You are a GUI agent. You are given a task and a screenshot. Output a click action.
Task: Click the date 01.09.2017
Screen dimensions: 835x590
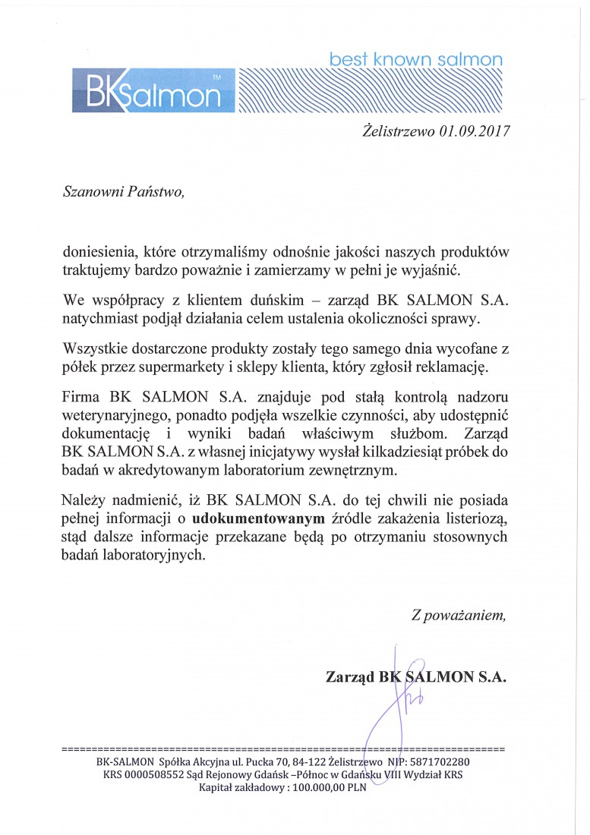[x=472, y=130]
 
